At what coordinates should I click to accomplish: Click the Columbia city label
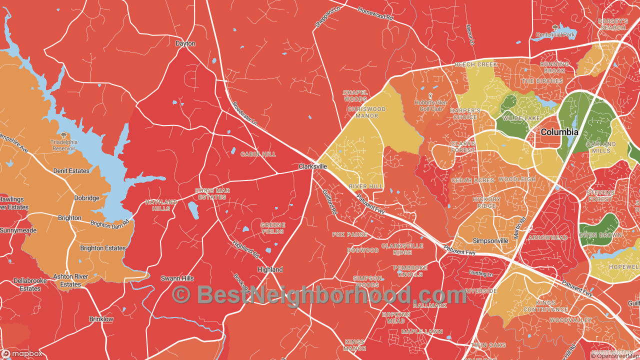(559, 132)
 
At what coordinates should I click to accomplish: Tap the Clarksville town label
(313, 166)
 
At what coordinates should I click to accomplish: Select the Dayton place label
(185, 43)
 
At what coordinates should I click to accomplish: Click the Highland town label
(270, 269)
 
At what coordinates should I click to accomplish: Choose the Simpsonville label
(490, 240)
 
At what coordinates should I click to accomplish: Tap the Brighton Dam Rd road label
(110, 224)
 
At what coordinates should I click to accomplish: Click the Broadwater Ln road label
(245, 113)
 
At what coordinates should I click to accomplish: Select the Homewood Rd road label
(375, 14)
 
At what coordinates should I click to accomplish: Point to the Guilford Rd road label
(329, 202)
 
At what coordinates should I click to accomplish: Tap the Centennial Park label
(555, 34)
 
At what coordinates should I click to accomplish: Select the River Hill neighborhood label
(365, 186)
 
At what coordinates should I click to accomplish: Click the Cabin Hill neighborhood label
(258, 154)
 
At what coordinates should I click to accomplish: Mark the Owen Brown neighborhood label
(600, 235)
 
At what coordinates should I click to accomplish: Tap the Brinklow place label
(101, 319)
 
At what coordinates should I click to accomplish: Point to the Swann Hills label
(177, 278)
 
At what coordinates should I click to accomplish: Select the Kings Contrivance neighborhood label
(545, 306)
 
